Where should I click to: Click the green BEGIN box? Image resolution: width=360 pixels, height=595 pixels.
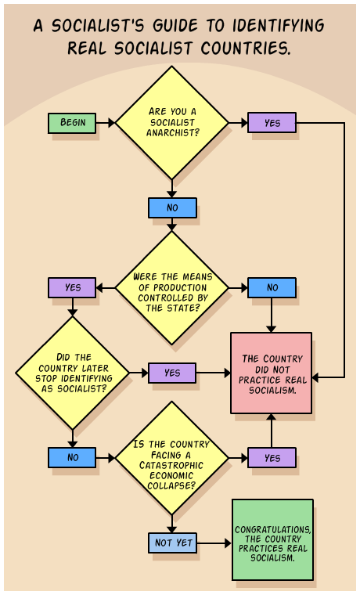coord(72,123)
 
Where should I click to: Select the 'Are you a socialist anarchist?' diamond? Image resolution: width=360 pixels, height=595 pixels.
coord(172,123)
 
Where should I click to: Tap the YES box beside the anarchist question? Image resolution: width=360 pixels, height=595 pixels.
coord(272,123)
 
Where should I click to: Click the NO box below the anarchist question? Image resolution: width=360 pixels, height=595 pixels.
coord(172,207)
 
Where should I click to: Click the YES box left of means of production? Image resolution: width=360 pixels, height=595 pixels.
coord(72,287)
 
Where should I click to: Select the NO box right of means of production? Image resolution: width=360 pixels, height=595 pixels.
coord(272,287)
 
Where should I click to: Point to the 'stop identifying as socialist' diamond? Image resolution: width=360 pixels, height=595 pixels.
coord(72,373)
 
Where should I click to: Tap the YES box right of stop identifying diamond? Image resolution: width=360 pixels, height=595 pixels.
coord(172,373)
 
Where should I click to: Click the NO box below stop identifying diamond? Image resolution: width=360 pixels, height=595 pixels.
coord(72,457)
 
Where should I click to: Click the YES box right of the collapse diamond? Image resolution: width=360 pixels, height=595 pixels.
coord(272,457)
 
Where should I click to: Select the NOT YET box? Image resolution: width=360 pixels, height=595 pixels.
coord(172,543)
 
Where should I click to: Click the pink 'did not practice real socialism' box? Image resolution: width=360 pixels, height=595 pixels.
coord(272,373)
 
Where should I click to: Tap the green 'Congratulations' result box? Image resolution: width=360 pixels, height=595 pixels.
coord(272,539)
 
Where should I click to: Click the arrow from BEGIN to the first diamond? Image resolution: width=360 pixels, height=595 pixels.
coord(106,123)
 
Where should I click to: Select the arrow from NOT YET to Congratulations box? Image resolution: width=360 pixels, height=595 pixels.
coord(214,543)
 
